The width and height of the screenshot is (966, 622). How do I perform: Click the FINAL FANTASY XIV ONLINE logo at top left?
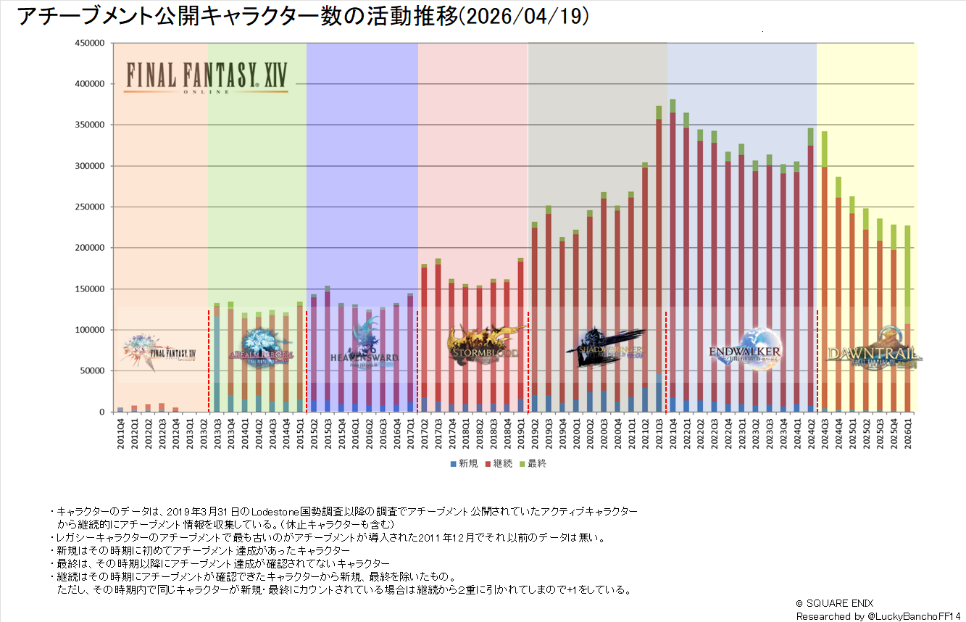(x=207, y=78)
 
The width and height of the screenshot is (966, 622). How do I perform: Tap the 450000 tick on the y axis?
(x=91, y=43)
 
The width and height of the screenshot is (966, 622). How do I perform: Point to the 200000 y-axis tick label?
(x=91, y=248)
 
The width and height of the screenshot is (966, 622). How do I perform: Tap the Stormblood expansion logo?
(x=484, y=346)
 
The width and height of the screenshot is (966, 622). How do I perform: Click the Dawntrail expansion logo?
(x=873, y=350)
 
